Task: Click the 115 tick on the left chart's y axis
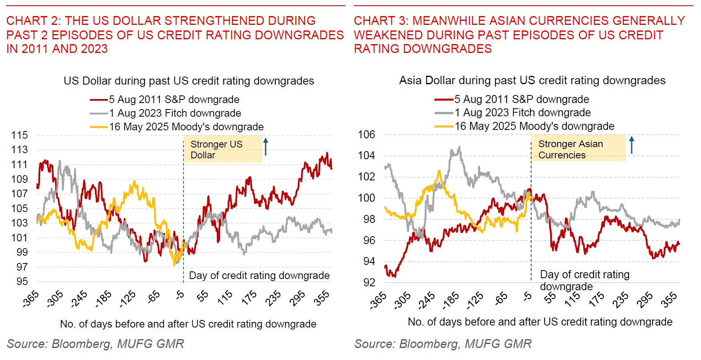tap(20, 135)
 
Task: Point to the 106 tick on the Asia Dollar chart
tap(366, 135)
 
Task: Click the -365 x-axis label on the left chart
tap(31, 299)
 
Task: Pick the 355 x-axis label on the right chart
tap(669, 299)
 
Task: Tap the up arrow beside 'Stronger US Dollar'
tap(265, 147)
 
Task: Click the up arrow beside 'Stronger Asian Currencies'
tap(632, 145)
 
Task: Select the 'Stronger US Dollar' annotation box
tap(223, 150)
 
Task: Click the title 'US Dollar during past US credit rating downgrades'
tap(189, 81)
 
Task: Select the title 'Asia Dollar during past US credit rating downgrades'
tap(532, 81)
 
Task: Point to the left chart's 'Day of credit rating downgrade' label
tap(259, 275)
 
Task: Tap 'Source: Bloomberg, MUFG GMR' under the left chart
tap(95, 344)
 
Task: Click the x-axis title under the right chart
tap(540, 322)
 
